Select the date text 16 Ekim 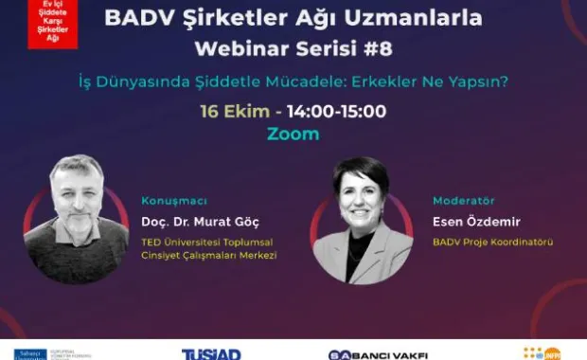point(227,111)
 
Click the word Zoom point(293,134)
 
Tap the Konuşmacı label point(173,201)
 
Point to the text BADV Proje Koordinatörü point(492,243)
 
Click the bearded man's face point(77,189)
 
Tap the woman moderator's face point(361,196)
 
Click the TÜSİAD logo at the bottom point(210,353)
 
